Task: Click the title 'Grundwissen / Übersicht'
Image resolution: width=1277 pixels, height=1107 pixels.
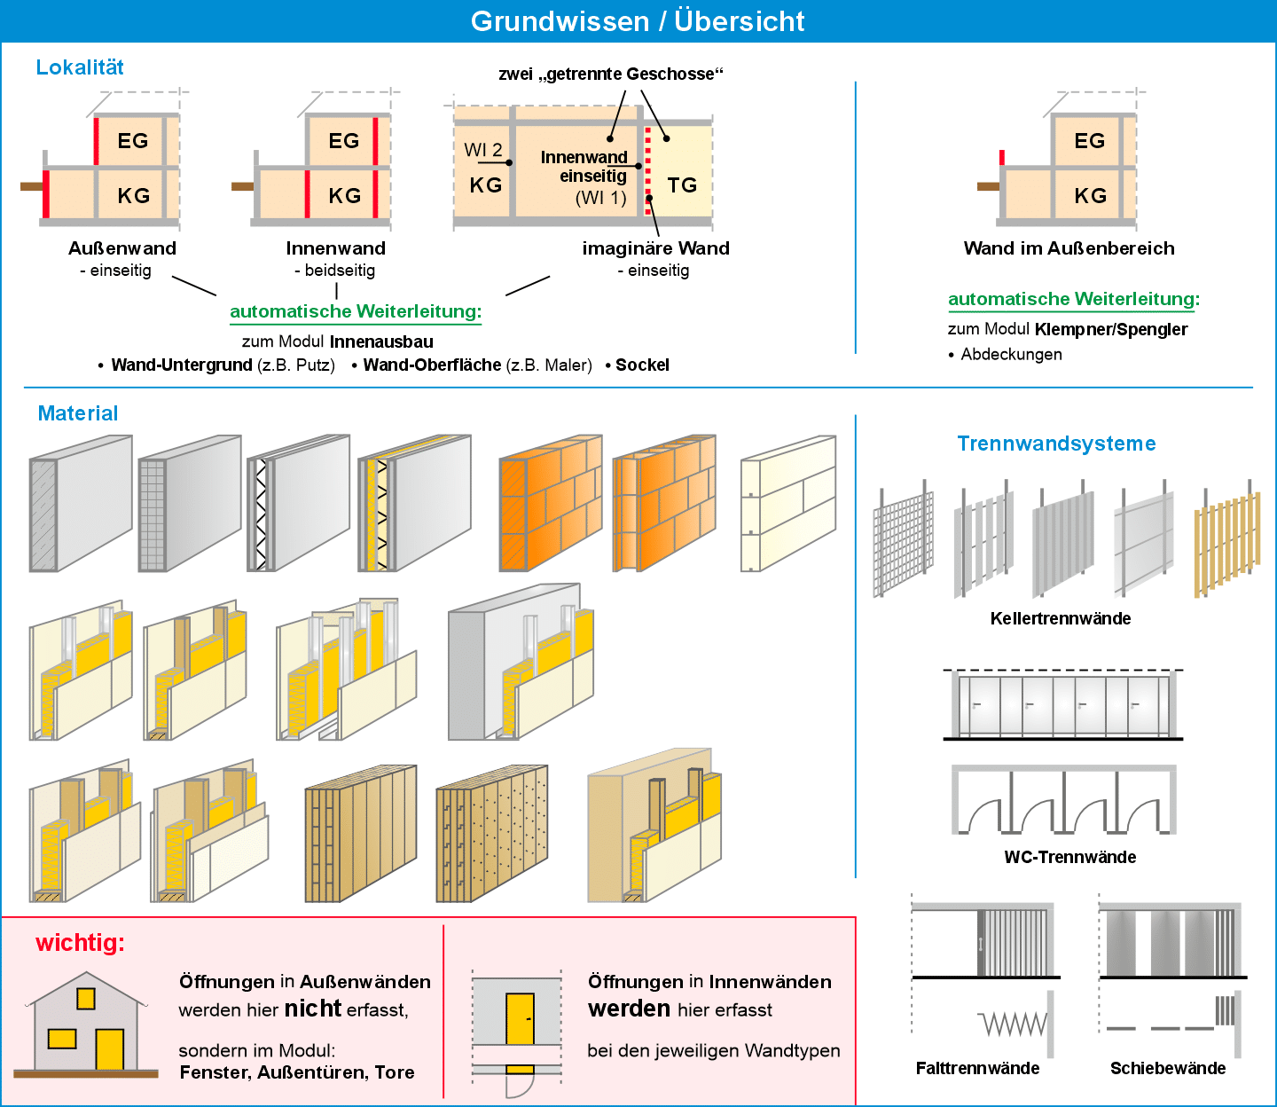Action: [x=638, y=21]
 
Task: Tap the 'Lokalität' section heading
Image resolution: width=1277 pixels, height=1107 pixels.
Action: [x=80, y=67]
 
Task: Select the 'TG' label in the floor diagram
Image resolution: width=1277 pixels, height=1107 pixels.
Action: [x=682, y=185]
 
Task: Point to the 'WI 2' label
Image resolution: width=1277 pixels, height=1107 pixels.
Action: [x=483, y=150]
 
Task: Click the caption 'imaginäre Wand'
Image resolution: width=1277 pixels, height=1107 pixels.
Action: [x=655, y=248]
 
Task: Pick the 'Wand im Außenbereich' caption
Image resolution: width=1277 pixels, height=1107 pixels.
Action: [x=1069, y=248]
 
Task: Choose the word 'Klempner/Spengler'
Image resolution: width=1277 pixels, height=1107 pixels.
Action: [x=1111, y=329]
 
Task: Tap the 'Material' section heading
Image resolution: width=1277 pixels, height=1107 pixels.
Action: [x=78, y=413]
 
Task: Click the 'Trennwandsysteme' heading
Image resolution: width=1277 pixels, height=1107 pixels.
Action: [x=1056, y=444]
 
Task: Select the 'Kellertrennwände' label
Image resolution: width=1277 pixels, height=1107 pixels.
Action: [x=1061, y=618]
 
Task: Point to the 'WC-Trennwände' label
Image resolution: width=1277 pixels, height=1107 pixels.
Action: [x=1069, y=857]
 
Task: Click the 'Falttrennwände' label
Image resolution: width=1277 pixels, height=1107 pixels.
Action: [x=977, y=1068]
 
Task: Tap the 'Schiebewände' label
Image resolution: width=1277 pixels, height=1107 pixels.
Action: [x=1168, y=1068]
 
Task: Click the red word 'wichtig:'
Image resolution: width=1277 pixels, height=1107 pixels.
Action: [x=80, y=943]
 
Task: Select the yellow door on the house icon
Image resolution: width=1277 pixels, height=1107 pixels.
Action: [x=109, y=1048]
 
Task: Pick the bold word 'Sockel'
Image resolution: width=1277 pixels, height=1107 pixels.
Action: [x=642, y=365]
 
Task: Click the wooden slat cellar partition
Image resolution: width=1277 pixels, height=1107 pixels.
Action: [x=1227, y=543]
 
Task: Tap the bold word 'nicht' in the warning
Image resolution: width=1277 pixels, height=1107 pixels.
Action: [x=313, y=1009]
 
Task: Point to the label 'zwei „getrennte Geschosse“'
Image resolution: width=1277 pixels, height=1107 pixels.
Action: [x=611, y=74]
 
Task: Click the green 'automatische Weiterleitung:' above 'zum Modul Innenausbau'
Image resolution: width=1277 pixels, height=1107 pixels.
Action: [x=356, y=311]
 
